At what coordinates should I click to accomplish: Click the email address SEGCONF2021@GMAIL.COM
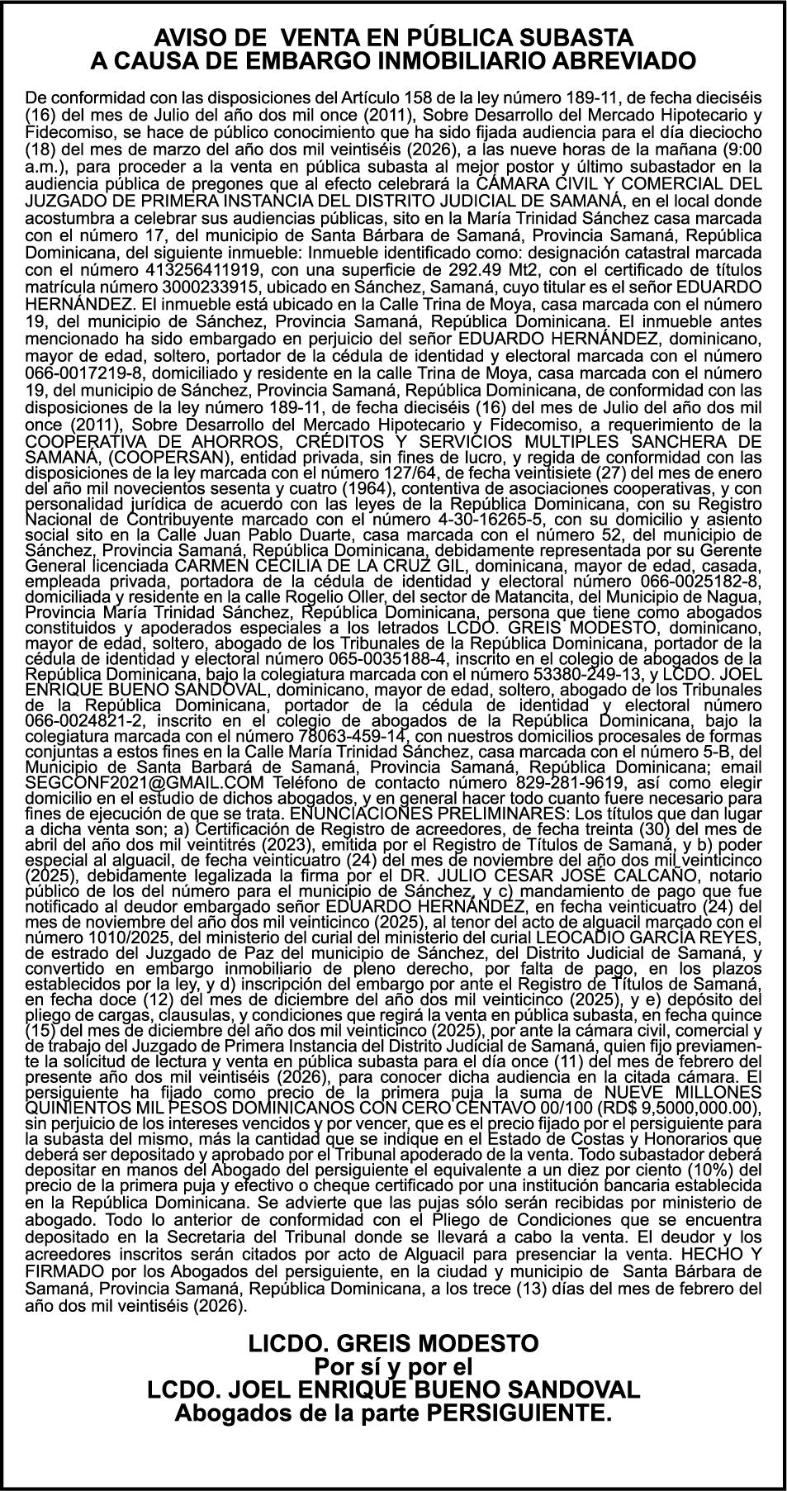point(145,782)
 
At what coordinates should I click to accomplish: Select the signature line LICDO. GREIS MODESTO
point(393,1342)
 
